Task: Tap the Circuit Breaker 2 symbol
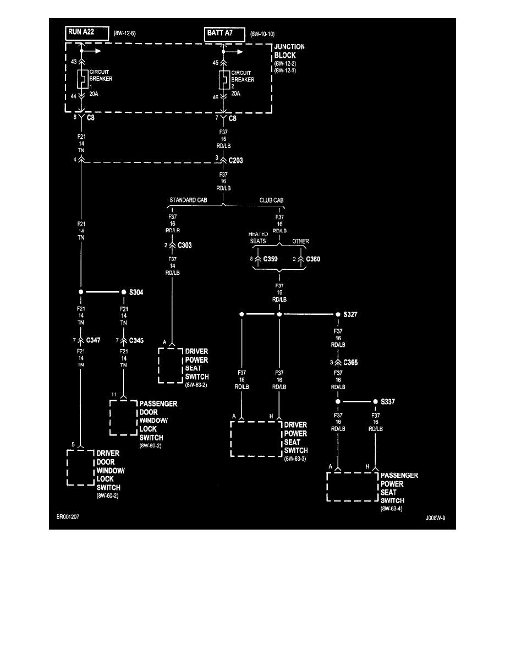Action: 224,80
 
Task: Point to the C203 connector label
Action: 236,161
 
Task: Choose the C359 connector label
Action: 271,258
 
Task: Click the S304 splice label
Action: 136,292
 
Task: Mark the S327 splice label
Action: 350,314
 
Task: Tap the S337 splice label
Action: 387,402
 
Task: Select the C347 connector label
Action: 93,341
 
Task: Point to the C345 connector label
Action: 136,341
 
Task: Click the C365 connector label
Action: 350,363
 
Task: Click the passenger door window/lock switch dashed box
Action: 123,417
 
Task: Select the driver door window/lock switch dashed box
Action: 80,467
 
